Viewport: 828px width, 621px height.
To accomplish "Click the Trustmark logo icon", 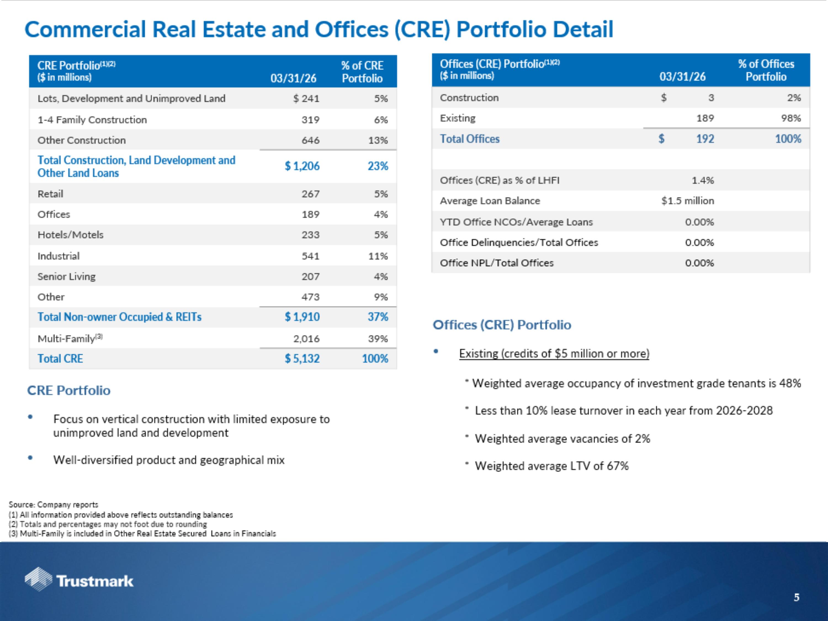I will (38, 579).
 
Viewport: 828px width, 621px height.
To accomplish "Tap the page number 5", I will (797, 598).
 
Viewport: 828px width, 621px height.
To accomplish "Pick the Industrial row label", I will (59, 256).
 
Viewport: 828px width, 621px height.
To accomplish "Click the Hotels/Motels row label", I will (70, 235).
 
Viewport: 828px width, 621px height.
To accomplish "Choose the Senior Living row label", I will (67, 277).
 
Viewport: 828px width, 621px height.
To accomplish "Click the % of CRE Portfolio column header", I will (362, 72).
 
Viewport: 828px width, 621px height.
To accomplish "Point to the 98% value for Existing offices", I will (791, 118).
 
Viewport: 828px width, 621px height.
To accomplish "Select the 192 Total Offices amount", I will (705, 139).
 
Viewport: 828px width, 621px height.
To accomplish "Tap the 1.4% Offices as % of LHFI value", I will (703, 181).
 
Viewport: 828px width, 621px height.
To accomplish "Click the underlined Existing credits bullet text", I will (554, 353).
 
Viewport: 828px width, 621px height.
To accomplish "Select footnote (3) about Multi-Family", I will (142, 534).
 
